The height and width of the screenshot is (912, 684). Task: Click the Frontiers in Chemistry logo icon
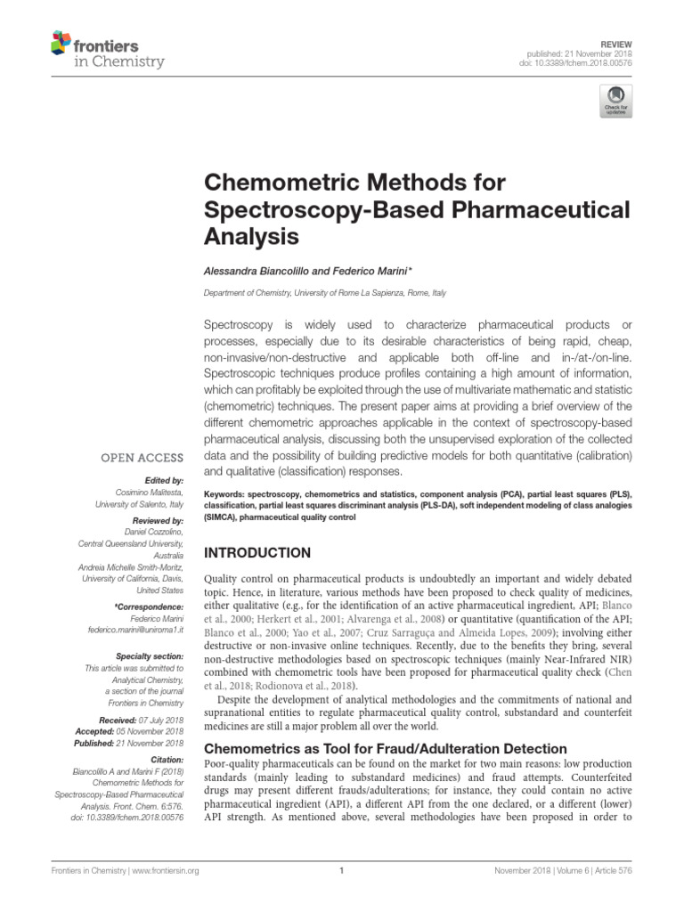[61, 42]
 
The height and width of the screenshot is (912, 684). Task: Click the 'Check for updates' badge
[614, 101]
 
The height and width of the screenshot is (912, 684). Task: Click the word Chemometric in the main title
[284, 183]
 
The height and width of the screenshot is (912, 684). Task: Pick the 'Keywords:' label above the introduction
[227, 493]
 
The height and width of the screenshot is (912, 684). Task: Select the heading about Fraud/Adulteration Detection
[386, 748]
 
